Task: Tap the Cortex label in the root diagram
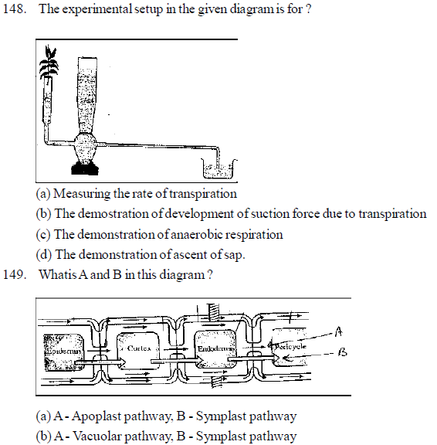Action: tap(138, 348)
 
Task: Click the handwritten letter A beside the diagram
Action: tap(337, 331)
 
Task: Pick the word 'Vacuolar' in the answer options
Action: tap(97, 437)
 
